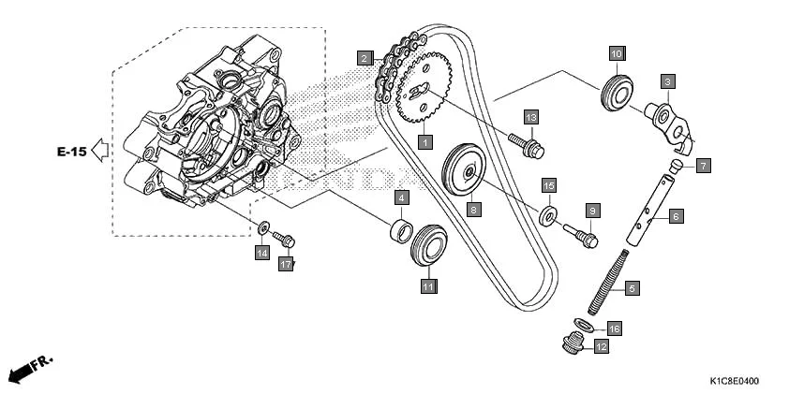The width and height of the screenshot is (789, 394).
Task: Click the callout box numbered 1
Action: (x=424, y=142)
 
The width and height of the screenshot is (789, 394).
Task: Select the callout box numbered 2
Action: (x=364, y=58)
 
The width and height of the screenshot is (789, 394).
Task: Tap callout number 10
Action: (x=616, y=54)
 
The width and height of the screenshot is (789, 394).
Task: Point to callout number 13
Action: (x=530, y=117)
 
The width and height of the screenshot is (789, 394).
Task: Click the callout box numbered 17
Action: (x=287, y=265)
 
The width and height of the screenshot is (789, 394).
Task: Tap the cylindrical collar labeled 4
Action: (x=400, y=230)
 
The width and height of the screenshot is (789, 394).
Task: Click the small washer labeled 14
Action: (x=265, y=227)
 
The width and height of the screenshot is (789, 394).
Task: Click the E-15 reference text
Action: (x=70, y=151)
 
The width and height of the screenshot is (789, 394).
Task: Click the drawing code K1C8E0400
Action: (x=734, y=382)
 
